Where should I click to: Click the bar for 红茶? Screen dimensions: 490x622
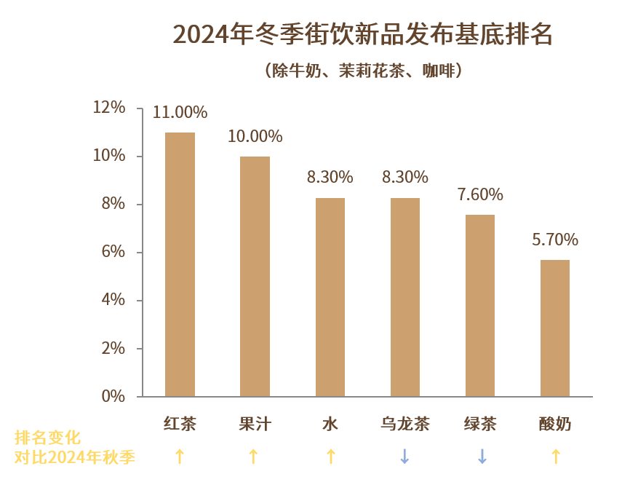click(x=180, y=264)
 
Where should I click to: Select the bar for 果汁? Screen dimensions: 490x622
click(x=255, y=277)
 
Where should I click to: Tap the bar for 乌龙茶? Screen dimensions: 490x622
click(x=404, y=297)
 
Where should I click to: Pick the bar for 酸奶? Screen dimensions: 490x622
click(x=555, y=328)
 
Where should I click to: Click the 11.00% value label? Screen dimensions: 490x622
click(x=180, y=113)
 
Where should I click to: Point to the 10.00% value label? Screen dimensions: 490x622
click(x=255, y=136)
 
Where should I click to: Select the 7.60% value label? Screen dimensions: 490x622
click(x=480, y=194)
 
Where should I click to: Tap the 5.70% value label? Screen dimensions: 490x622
click(x=555, y=240)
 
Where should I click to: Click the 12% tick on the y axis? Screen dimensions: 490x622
click(x=109, y=108)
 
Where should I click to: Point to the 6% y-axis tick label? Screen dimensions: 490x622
click(x=113, y=252)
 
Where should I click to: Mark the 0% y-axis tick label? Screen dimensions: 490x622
click(x=113, y=396)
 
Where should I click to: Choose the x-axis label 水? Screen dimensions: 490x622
click(x=330, y=424)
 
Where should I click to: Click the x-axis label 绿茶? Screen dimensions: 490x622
click(x=480, y=424)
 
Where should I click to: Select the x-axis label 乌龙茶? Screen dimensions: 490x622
click(x=404, y=424)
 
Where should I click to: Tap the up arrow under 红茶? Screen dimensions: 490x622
click(x=180, y=457)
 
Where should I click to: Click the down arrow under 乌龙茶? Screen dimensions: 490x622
click(x=404, y=457)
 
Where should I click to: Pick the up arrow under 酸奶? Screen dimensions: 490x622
click(x=555, y=457)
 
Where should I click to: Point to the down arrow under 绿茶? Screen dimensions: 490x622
click(x=481, y=457)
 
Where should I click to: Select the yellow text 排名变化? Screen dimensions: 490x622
click(x=47, y=438)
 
